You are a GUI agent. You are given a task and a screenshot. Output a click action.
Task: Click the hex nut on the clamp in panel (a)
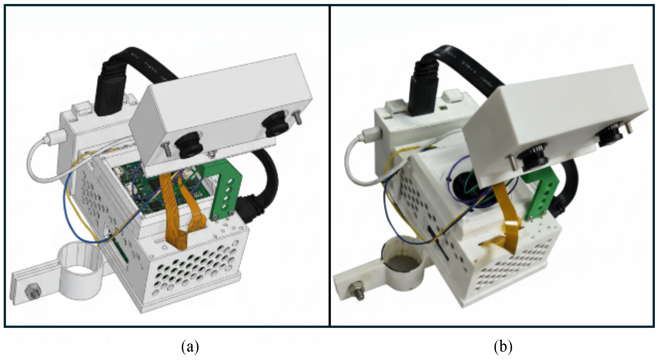pyautogui.click(x=33, y=292)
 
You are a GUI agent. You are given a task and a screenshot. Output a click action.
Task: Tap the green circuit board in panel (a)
pyautogui.click(x=148, y=196)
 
